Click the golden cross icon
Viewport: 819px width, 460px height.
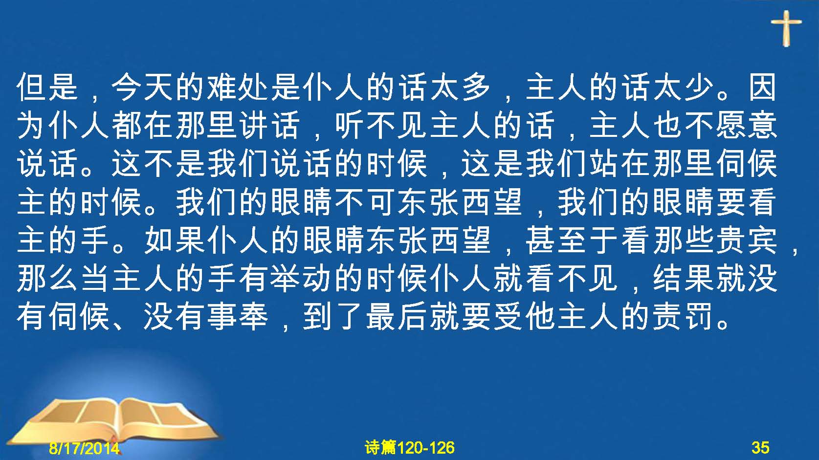(x=786, y=28)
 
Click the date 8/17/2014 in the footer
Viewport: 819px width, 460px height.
(x=84, y=448)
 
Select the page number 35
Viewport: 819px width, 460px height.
(x=760, y=447)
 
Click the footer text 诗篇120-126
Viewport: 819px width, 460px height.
(x=410, y=447)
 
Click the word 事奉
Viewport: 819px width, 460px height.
(x=239, y=316)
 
